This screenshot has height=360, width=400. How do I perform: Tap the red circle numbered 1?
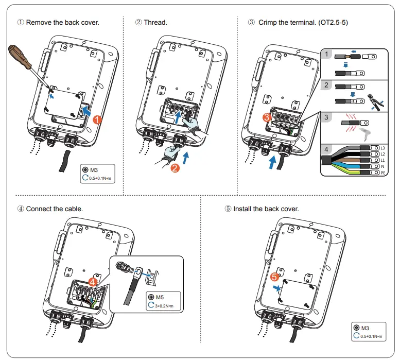(x=98, y=119)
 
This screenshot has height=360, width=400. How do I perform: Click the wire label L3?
(x=382, y=148)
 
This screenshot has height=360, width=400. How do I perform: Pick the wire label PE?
(x=382, y=173)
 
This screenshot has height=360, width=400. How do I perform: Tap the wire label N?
(x=382, y=166)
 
